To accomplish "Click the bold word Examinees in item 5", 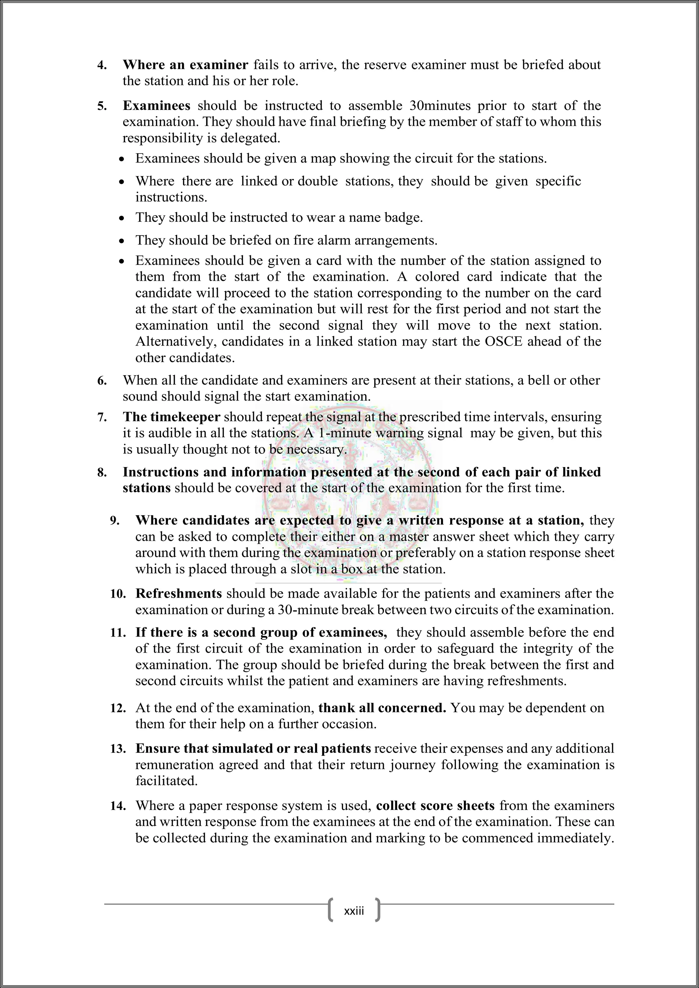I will [156, 106].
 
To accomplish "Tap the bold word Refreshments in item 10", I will [179, 593].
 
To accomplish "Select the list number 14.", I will [118, 806].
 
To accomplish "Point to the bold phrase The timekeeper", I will [171, 417].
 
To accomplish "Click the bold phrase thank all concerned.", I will [382, 708].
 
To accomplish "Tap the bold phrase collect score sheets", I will [435, 805].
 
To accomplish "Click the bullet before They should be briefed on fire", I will [122, 241].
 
